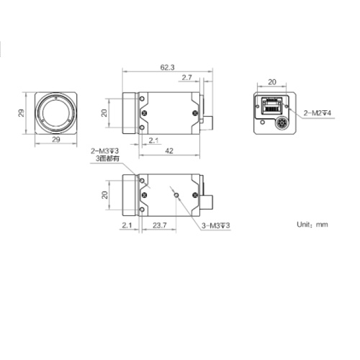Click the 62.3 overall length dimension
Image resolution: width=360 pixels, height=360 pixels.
[x=167, y=67]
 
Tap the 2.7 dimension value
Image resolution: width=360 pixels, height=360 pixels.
[x=186, y=77]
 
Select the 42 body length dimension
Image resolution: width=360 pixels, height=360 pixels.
[x=169, y=151]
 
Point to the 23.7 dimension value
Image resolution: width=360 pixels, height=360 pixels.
[x=161, y=225]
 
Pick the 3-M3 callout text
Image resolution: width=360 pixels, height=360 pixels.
[x=215, y=225]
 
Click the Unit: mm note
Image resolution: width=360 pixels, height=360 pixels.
[x=312, y=224]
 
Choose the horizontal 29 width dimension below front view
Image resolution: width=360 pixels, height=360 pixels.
[x=54, y=140]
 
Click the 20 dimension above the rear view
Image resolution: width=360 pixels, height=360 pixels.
[x=272, y=83]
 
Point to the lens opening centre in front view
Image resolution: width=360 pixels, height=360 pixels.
[x=55, y=113]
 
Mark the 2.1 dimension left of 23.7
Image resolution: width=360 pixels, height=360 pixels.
[x=127, y=225]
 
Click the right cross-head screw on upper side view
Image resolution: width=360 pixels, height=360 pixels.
[x=192, y=112]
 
